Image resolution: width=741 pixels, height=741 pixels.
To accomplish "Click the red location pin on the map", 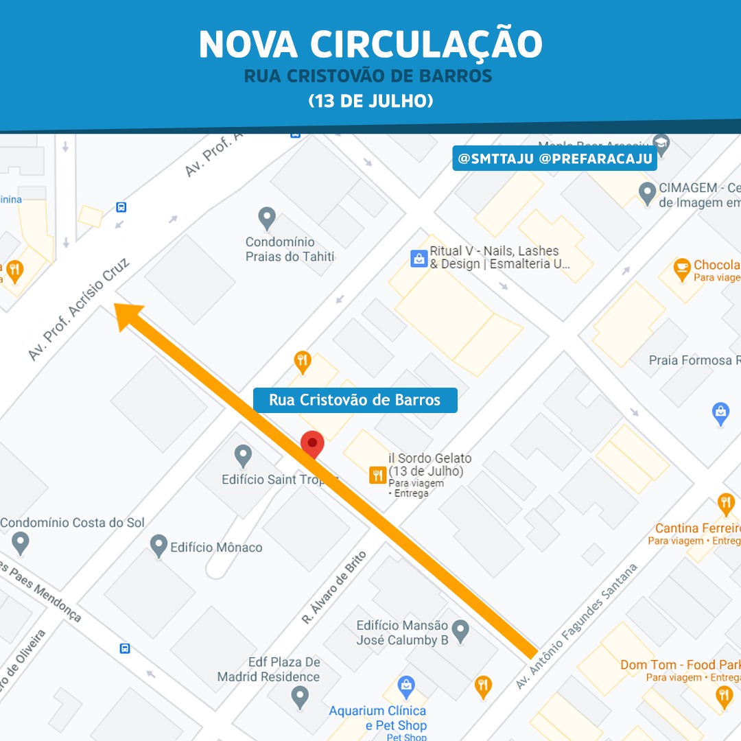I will [312, 444].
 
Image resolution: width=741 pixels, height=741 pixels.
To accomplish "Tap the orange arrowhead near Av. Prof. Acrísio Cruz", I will [128, 317].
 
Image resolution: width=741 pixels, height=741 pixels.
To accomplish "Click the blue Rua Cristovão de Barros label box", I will [355, 400].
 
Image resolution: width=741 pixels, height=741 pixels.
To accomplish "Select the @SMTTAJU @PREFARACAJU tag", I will [554, 158].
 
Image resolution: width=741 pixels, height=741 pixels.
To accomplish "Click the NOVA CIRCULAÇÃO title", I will [370, 45].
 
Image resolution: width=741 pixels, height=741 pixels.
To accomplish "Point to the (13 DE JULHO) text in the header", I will [370, 101].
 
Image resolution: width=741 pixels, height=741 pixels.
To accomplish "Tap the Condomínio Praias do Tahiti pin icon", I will [267, 218].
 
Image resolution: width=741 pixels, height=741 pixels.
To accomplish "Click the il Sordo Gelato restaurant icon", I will [377, 475].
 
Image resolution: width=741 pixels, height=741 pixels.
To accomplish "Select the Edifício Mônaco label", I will [216, 548].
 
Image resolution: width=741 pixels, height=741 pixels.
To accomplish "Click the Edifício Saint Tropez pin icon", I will [243, 456].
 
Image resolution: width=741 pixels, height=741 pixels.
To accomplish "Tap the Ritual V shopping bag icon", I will [419, 259].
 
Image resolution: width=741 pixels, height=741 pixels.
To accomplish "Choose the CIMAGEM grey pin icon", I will [647, 193].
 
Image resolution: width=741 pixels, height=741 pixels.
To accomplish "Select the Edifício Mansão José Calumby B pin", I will [460, 629].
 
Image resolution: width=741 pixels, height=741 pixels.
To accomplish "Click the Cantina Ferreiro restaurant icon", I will [726, 504].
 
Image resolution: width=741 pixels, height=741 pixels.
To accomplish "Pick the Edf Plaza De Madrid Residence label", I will [268, 670].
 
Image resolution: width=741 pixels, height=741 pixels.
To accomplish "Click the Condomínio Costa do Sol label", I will [72, 523].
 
